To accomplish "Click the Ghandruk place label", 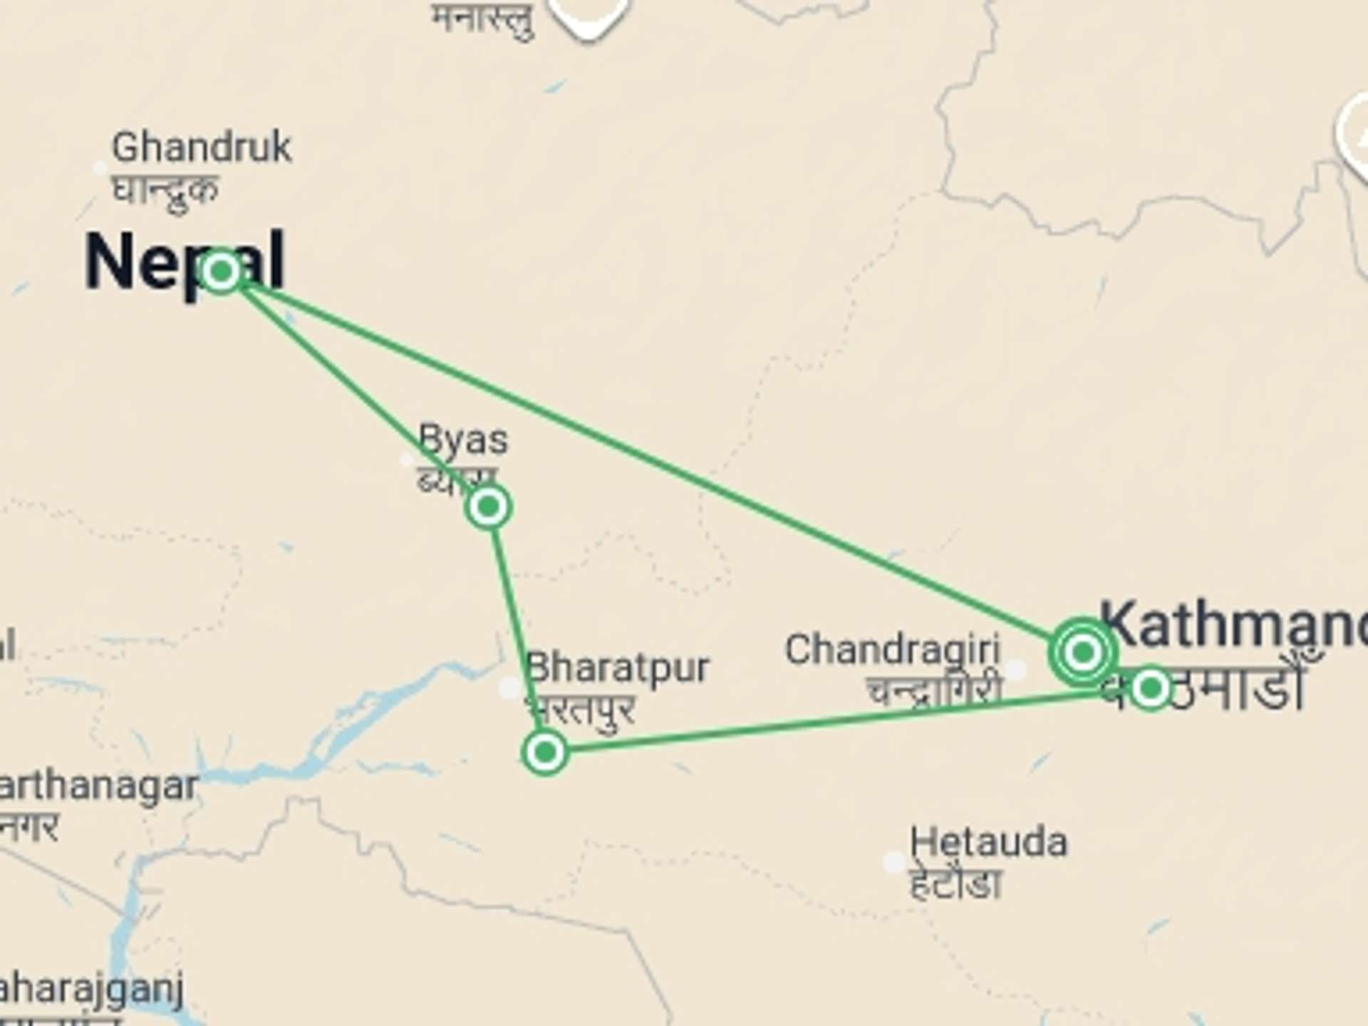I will coord(202,147).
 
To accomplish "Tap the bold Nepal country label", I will coord(184,262).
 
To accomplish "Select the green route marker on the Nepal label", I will coord(221,271).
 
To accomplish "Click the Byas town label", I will coord(463,440).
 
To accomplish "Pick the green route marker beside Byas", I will coord(488,507).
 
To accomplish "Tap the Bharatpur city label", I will coord(617,668).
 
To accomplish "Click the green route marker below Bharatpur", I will coord(545,752).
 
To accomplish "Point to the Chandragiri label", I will coord(892,650).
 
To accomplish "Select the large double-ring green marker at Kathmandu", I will coord(1083,652).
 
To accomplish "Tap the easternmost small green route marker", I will coord(1151,688).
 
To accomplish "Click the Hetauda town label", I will coord(988,843).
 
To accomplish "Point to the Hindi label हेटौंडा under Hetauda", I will coord(956,884).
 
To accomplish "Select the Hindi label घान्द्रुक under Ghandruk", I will coord(165,190).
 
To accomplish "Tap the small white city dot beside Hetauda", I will coord(893,862).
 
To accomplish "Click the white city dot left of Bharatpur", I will coord(510,688).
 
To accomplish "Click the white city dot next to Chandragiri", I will coord(1017,669).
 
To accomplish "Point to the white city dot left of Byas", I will coord(407,460).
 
